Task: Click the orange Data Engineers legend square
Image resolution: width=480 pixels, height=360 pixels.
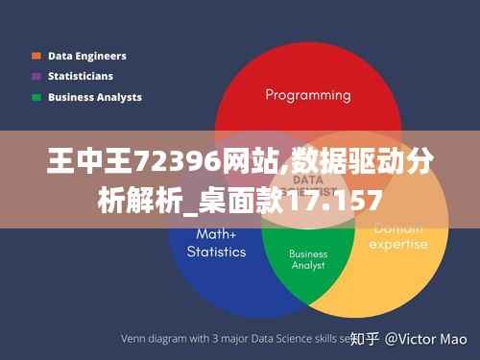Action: point(36,56)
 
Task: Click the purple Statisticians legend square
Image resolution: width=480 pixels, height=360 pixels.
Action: point(36,76)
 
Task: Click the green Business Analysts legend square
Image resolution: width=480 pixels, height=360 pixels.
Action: point(36,97)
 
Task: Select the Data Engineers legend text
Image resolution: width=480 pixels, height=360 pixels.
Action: point(86,56)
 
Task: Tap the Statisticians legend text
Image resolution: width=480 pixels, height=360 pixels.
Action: point(81,76)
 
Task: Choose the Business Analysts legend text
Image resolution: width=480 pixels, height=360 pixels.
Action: point(94,97)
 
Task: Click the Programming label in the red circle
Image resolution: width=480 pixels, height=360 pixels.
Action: point(307,95)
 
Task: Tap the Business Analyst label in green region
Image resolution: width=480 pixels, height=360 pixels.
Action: point(308,260)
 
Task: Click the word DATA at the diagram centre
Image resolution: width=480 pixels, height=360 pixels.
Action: point(307,180)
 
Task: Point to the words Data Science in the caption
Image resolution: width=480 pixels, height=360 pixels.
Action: point(288,339)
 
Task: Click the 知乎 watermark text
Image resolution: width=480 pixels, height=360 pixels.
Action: point(365,339)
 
